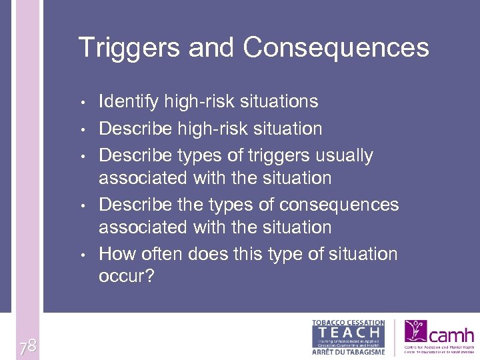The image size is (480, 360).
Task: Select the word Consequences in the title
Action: [336, 48]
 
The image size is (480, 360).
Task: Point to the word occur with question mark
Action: [126, 276]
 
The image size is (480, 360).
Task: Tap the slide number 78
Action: [27, 345]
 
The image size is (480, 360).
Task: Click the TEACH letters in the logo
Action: [349, 332]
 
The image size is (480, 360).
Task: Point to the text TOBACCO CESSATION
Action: [349, 323]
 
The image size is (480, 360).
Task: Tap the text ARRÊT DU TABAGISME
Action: [349, 352]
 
